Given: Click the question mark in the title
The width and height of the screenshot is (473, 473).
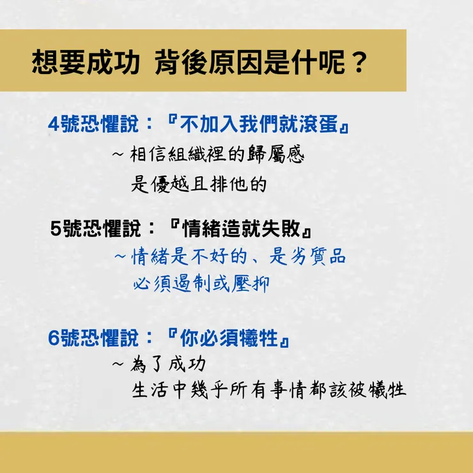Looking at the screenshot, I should point(360,63).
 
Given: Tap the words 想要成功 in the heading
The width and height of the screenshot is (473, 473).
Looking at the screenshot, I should point(86,63).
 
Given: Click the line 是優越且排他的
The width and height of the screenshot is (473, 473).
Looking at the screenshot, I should point(198,185).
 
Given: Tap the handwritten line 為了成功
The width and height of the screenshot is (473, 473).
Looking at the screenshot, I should point(169,365).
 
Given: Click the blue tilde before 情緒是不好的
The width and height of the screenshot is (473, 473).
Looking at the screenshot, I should point(120,257).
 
